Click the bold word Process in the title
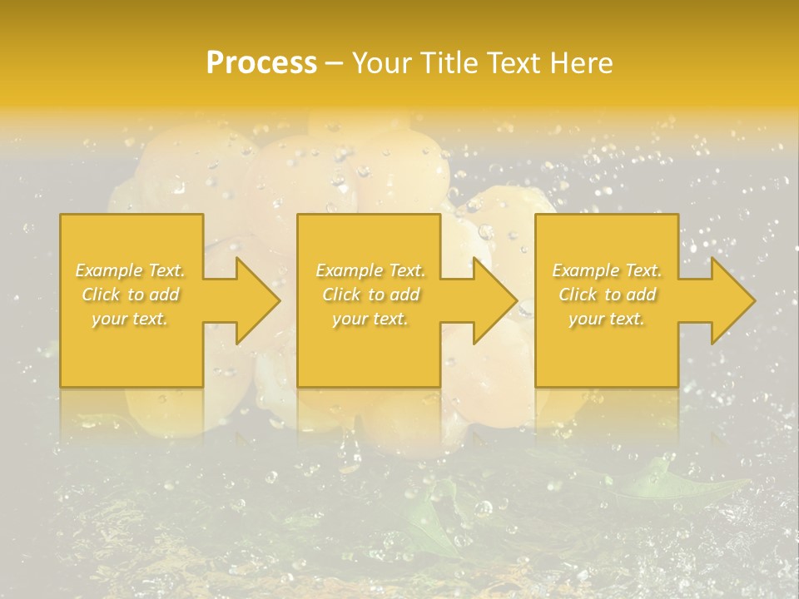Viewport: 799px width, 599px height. (261, 63)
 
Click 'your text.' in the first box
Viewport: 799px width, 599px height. (130, 319)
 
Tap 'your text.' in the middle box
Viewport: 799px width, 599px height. (370, 319)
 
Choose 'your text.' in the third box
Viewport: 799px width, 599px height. (607, 319)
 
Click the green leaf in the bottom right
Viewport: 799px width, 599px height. (666, 483)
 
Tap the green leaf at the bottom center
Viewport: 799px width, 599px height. (433, 520)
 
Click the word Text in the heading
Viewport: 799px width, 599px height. (512, 63)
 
